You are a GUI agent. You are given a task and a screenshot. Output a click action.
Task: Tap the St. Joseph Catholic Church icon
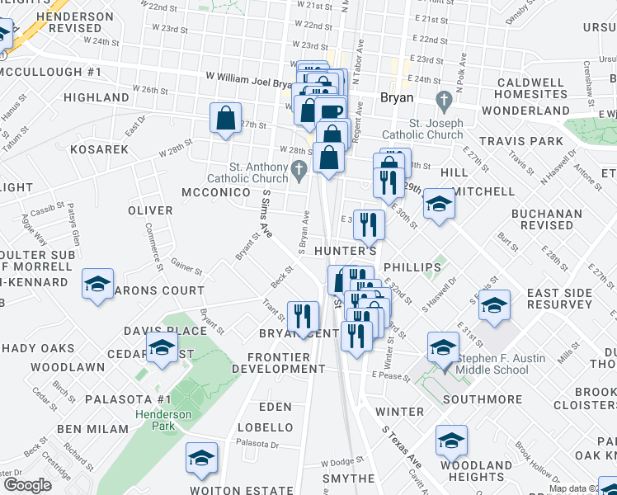click(x=445, y=101)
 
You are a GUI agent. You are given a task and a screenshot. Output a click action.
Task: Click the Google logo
click(x=27, y=484)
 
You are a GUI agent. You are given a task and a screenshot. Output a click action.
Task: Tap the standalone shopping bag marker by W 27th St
click(x=226, y=119)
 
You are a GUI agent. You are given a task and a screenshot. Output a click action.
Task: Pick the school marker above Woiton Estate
click(x=201, y=458)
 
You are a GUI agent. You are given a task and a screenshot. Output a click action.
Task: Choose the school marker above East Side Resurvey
click(x=493, y=305)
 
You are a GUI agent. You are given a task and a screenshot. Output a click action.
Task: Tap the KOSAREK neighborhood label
click(x=100, y=149)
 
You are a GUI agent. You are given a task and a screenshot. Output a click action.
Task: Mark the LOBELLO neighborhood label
click(x=265, y=427)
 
